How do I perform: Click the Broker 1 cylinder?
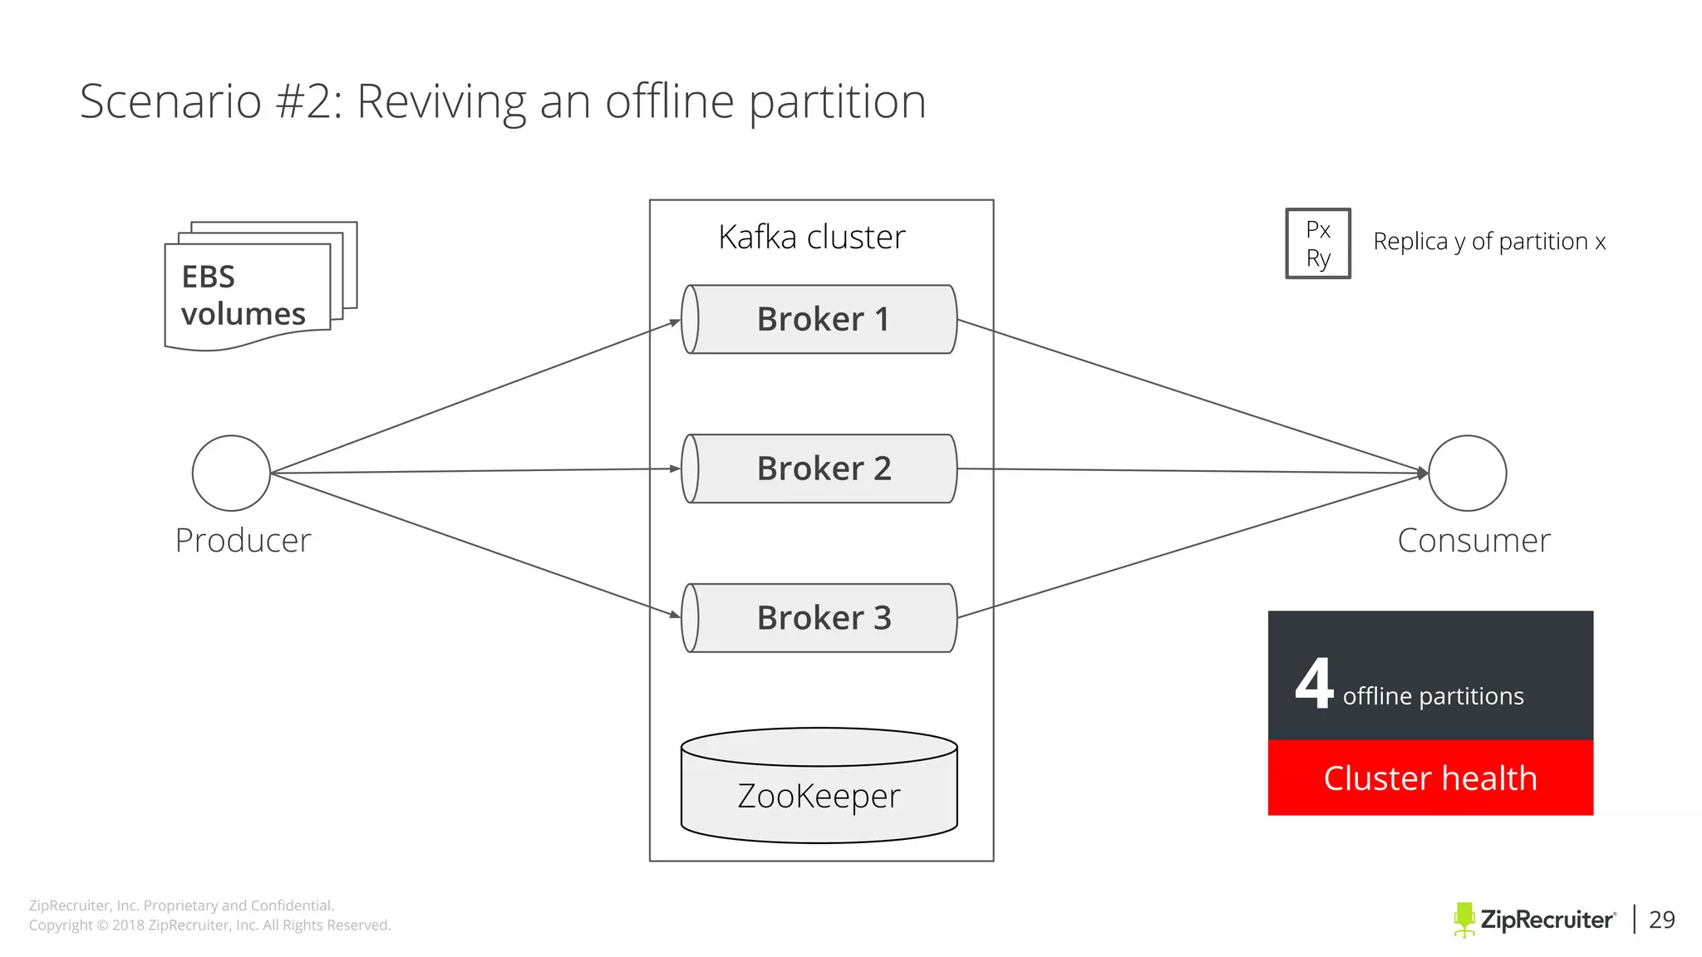click(819, 320)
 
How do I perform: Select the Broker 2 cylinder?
click(819, 469)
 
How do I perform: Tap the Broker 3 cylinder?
click(819, 618)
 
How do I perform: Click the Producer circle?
click(231, 473)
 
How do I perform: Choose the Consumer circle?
click(1467, 473)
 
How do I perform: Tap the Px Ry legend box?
click(1318, 243)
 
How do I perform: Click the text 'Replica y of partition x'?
click(1489, 242)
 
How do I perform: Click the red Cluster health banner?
click(1430, 778)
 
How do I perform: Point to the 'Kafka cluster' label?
click(812, 238)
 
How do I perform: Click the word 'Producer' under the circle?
click(243, 541)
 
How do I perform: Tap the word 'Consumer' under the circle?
click(1473, 541)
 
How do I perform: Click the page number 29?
click(1661, 920)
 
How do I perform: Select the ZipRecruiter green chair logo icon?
click(1463, 920)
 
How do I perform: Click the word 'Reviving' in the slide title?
click(441, 101)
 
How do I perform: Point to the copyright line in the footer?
click(209, 925)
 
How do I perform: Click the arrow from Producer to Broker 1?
click(474, 398)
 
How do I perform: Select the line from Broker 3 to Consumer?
click(1188, 547)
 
